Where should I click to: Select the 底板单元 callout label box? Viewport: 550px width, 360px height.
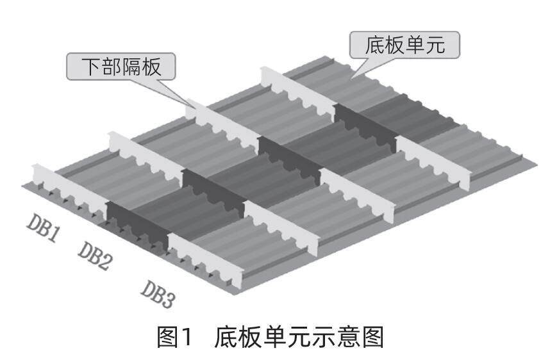[x=405, y=45]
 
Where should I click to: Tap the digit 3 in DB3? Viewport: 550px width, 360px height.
[x=169, y=299]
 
